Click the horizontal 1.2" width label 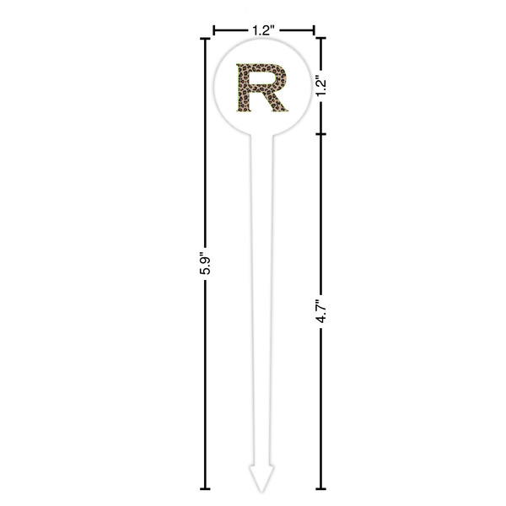tap(263, 30)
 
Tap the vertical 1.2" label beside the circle tap(321, 86)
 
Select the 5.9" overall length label tap(205, 263)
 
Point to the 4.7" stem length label tap(321, 311)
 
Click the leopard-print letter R tap(261, 88)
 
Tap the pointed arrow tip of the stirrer tap(261, 493)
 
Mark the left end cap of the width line tap(213, 30)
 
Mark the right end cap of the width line tap(314, 30)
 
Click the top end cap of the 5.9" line tap(205, 39)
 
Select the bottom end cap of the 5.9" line tap(205, 489)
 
